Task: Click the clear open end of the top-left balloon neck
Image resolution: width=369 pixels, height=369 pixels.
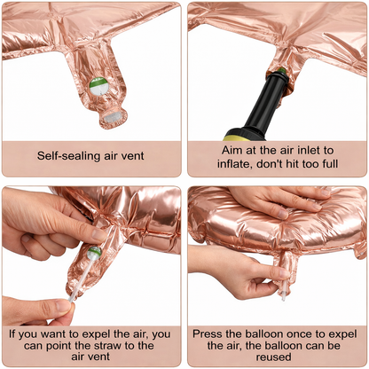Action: pyautogui.click(x=113, y=114)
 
